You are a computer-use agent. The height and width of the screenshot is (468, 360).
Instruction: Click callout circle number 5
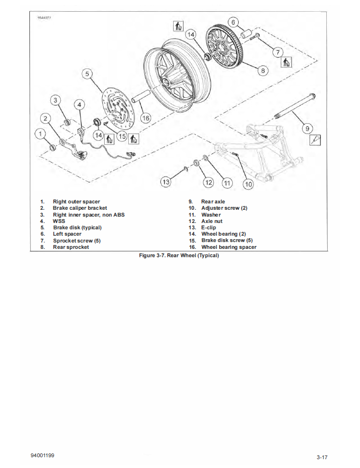pyautogui.click(x=87, y=74)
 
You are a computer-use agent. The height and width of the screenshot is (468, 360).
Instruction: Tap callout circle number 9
pyautogui.click(x=308, y=129)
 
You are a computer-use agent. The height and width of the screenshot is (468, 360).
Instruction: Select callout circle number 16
pyautogui.click(x=146, y=118)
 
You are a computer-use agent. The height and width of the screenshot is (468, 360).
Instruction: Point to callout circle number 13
pyautogui.click(x=166, y=182)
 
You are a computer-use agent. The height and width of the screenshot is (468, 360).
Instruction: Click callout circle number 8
pyautogui.click(x=263, y=70)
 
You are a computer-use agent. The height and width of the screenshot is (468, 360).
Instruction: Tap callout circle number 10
pyautogui.click(x=248, y=184)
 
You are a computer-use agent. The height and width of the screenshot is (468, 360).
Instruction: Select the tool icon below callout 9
pyautogui.click(x=315, y=141)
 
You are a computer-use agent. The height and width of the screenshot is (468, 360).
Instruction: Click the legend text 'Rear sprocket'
pyautogui.click(x=71, y=247)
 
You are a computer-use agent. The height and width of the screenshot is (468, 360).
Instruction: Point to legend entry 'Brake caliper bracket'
pyautogui.click(x=80, y=208)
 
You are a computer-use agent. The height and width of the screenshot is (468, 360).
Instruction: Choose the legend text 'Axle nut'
pyautogui.click(x=212, y=221)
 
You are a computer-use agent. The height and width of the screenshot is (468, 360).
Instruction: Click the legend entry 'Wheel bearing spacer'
pyautogui.click(x=229, y=247)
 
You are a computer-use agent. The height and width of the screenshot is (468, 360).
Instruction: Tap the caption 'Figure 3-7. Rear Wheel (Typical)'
pyautogui.click(x=179, y=256)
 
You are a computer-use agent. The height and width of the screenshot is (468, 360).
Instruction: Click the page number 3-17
pyautogui.click(x=321, y=457)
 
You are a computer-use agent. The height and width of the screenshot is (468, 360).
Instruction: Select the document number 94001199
pyautogui.click(x=43, y=455)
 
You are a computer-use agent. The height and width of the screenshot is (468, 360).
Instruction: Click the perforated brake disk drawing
pyautogui.click(x=116, y=110)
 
